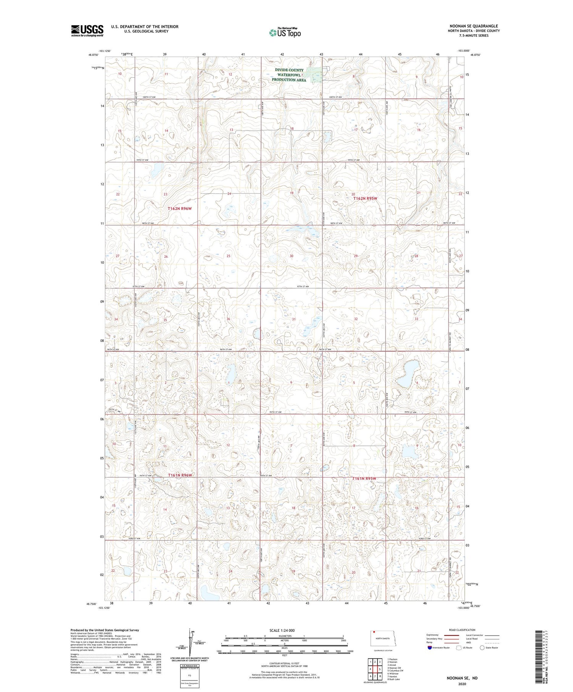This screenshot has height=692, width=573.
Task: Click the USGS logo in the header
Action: [x=87, y=31]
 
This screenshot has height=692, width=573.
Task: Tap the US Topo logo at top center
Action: [x=285, y=33]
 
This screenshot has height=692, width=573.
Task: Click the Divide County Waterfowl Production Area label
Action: [x=289, y=75]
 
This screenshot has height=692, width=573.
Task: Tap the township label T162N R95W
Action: [x=365, y=198]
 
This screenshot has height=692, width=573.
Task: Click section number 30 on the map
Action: [x=291, y=256]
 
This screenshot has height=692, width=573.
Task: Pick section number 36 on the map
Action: [x=228, y=319]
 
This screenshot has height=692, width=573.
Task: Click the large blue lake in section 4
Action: [x=407, y=373]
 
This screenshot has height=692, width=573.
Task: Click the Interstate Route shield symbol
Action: [x=430, y=647]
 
